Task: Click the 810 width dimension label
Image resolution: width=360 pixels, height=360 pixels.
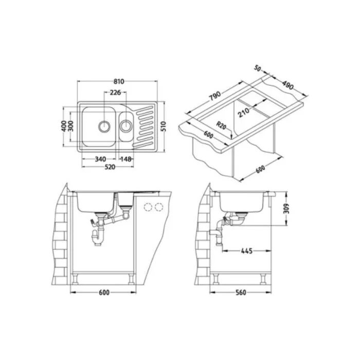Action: [x=119, y=81]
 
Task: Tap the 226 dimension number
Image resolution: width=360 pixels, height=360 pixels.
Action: [x=115, y=93]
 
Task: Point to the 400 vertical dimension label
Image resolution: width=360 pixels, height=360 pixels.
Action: [x=64, y=127]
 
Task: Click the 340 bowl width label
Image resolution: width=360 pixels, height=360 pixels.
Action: [x=100, y=159]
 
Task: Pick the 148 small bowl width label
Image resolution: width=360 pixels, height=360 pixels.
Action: [x=126, y=159]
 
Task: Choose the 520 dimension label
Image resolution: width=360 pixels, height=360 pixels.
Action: [x=110, y=167]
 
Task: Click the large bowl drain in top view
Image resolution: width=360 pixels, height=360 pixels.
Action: [x=104, y=127]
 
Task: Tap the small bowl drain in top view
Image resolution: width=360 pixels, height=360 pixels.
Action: [x=126, y=126]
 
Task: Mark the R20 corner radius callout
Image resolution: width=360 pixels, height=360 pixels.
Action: [x=221, y=126]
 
